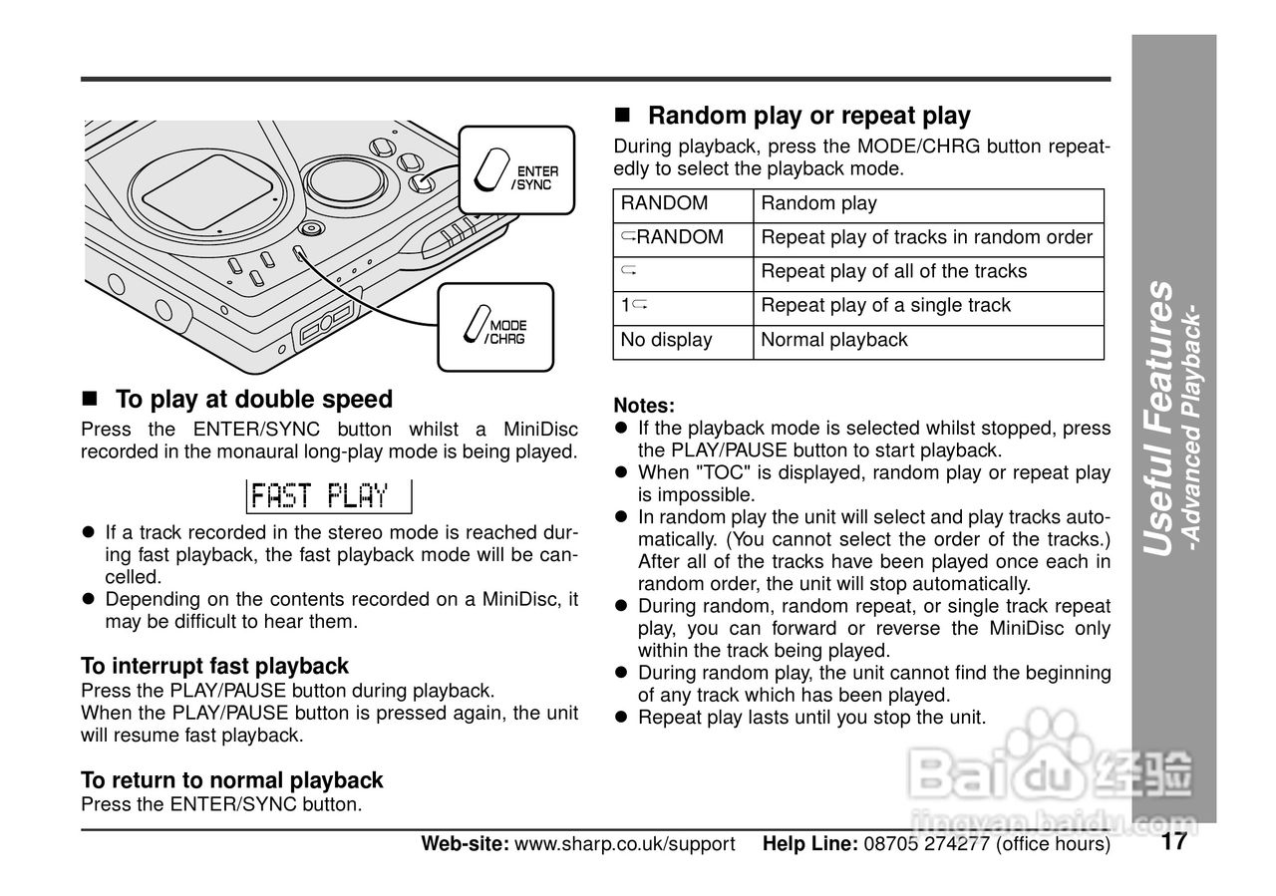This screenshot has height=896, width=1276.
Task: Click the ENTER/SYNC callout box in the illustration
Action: point(516,169)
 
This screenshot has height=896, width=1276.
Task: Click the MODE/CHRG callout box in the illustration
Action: point(495,328)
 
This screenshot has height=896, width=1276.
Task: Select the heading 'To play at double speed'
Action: point(254,400)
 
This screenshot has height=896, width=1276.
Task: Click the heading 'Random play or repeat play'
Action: point(808,116)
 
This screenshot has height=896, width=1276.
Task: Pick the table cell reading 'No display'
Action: point(666,340)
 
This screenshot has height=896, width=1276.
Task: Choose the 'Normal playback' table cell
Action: point(834,340)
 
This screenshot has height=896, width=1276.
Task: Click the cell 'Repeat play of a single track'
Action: point(885,306)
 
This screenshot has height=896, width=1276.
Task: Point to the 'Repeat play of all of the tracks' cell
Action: point(893,271)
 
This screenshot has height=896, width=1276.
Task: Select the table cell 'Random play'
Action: point(818,203)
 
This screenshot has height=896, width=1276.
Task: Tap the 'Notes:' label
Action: point(644,406)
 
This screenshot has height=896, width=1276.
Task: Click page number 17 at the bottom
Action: point(1173,842)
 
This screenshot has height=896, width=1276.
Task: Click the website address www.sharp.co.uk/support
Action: point(624,844)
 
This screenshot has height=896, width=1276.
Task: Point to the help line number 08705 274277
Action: point(926,844)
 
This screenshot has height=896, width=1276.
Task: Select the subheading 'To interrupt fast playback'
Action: point(214,666)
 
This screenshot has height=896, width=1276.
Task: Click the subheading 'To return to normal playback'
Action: point(231,780)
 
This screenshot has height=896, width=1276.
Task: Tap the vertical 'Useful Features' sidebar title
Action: point(1160,419)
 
